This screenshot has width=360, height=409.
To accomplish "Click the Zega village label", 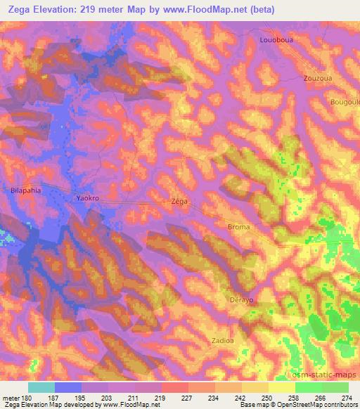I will pos(179,201).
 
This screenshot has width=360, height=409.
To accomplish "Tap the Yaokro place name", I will pos(89,199).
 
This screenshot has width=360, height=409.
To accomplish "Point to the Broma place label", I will pos(238,227).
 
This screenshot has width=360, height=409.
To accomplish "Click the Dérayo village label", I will pos(241,300).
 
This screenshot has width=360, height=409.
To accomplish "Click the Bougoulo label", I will pos(344,101).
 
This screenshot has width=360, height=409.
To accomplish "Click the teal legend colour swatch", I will pos(41,387).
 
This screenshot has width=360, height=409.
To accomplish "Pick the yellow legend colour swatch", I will pos(282,387).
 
